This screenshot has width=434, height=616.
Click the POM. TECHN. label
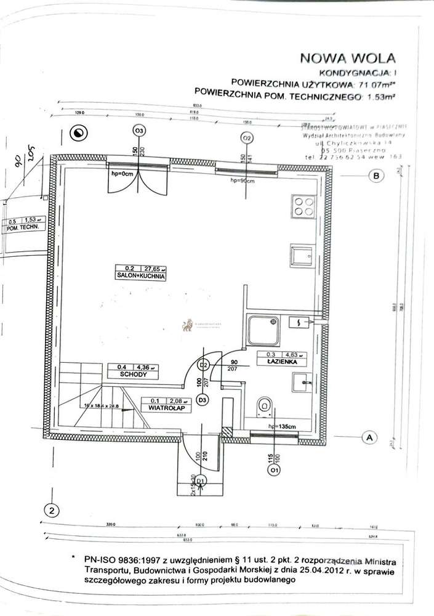(x=24, y=227)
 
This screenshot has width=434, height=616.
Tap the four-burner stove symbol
(x=302, y=206)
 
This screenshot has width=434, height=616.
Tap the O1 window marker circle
(x=273, y=470)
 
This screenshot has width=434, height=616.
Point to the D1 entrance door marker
(x=200, y=480)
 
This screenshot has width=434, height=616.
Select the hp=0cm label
(x=123, y=174)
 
